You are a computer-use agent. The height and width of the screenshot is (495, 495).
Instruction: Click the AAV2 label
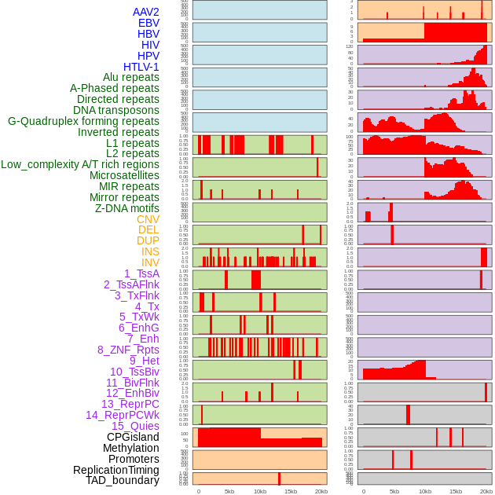click(146, 12)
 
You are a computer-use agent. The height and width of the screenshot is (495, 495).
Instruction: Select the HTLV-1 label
click(141, 67)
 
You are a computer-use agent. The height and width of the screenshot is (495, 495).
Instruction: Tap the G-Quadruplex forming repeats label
click(83, 121)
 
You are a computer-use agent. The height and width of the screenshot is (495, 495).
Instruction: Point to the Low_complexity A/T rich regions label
click(80, 164)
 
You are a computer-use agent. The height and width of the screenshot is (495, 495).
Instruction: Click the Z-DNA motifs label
click(127, 208)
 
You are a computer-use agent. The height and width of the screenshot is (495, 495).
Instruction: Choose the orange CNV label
click(148, 219)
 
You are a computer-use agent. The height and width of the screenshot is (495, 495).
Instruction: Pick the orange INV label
click(150, 262)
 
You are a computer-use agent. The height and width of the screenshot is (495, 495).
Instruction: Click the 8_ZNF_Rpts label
click(128, 350)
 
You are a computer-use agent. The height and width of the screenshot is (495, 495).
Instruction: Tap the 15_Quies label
click(135, 426)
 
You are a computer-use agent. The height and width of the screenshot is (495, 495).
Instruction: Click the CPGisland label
click(133, 437)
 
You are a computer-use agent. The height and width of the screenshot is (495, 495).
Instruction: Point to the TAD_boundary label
click(123, 480)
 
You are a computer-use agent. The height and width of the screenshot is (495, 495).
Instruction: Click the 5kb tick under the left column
click(229, 491)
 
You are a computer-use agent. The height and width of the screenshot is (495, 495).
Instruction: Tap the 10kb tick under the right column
click(424, 491)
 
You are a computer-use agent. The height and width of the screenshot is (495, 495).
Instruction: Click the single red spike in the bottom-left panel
click(279, 478)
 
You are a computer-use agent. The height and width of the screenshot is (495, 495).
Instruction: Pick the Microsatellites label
click(124, 175)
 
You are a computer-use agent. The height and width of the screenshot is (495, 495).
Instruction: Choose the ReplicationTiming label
click(116, 470)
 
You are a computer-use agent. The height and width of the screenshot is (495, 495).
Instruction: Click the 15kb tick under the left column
click(291, 491)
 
